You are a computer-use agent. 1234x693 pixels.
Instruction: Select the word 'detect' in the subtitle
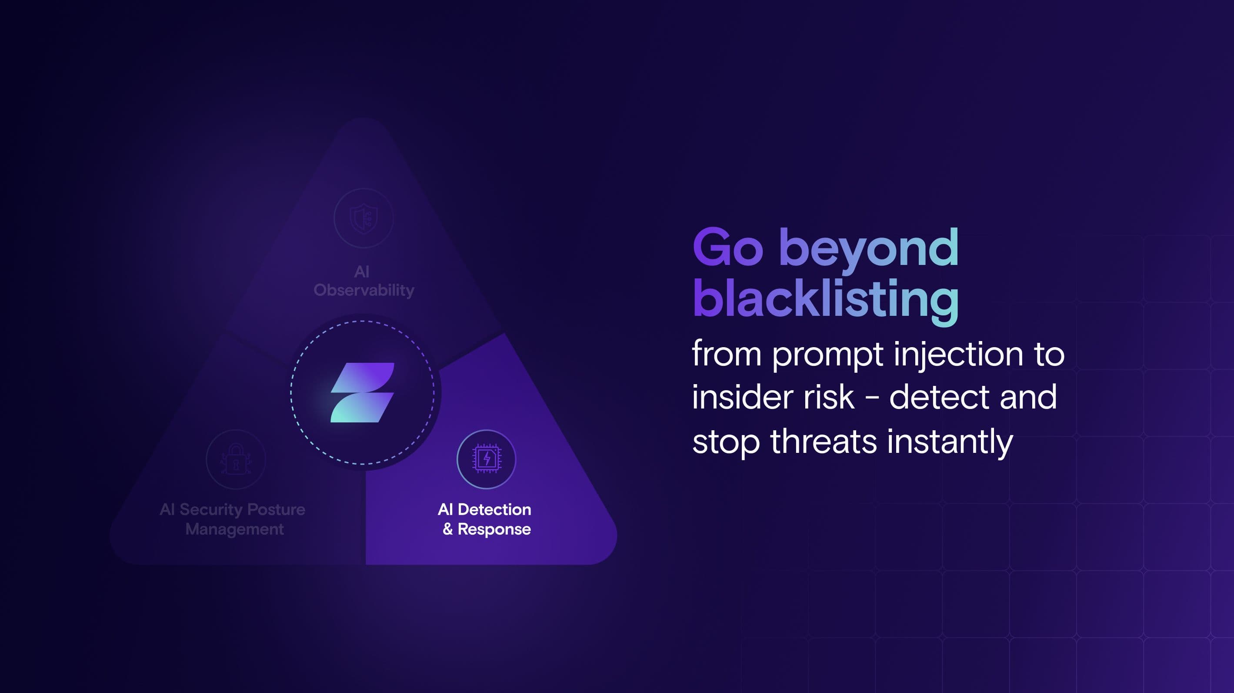939,397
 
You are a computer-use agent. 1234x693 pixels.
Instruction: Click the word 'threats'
824,441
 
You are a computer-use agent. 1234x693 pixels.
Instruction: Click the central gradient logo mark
363,392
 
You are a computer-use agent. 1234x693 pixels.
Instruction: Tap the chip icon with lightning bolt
486,459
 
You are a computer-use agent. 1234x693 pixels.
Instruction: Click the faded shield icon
364,218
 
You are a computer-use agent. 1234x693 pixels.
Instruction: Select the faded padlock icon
236,459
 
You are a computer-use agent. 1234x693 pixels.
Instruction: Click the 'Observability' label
364,291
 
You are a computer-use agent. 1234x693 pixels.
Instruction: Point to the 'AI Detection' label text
484,509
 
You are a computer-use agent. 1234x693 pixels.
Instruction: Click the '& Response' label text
487,529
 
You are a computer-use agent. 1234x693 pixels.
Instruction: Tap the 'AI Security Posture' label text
232,509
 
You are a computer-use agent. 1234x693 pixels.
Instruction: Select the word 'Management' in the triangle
235,529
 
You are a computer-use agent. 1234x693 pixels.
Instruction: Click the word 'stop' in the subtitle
726,443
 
